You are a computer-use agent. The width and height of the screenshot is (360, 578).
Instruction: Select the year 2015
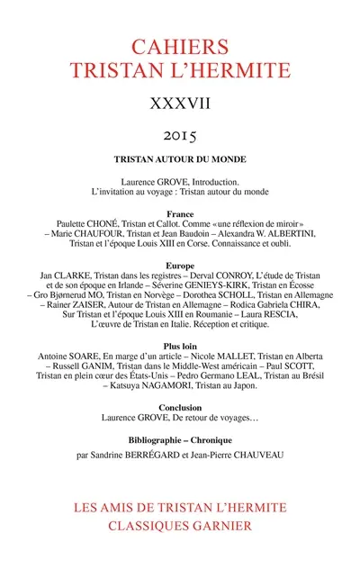180,135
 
